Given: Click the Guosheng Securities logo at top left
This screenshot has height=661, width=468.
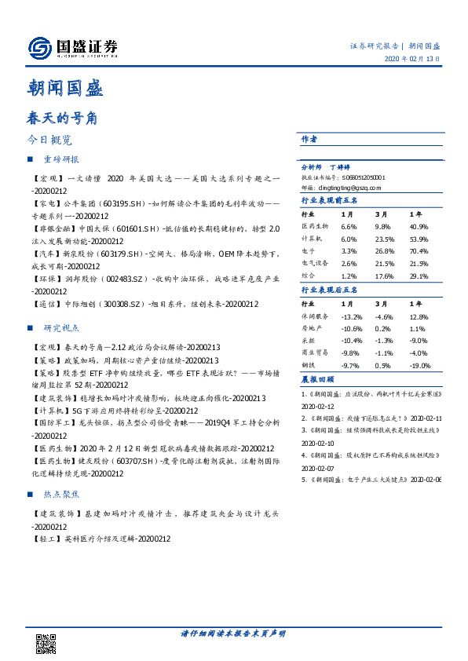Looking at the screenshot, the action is coord(72,48).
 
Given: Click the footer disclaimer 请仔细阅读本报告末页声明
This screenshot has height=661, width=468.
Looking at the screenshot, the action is coord(232,634).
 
